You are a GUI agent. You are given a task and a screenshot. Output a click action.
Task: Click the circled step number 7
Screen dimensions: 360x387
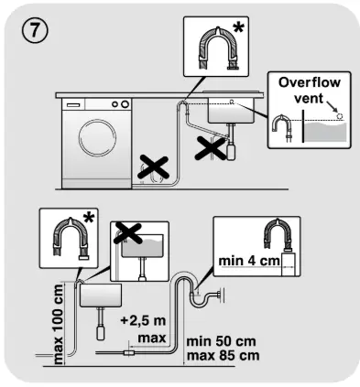(35, 30)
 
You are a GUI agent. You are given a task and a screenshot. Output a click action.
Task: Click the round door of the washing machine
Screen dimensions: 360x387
(97, 137)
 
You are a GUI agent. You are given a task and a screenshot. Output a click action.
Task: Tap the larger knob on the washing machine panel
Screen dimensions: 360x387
(125, 104)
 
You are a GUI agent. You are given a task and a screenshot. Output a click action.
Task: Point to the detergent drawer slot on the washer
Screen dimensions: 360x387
(73, 105)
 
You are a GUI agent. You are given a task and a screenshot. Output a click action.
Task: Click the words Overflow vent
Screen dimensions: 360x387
(309, 91)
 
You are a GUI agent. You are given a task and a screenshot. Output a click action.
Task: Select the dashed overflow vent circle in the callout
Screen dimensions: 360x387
(339, 116)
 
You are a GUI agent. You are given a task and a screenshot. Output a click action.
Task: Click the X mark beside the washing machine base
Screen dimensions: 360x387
(153, 167)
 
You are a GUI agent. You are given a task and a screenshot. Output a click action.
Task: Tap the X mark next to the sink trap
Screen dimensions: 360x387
(211, 148)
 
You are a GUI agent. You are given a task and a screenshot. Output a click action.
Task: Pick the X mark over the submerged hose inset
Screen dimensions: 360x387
(127, 233)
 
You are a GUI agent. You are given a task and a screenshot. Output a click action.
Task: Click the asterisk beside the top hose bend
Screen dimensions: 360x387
(238, 28)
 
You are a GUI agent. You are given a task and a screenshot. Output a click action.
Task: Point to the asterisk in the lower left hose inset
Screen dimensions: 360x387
(89, 219)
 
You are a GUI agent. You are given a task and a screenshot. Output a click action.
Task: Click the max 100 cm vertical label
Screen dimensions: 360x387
(58, 324)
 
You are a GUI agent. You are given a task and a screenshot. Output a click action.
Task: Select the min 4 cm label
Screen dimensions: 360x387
(249, 261)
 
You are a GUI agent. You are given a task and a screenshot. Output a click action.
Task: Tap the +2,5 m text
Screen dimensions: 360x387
(143, 321)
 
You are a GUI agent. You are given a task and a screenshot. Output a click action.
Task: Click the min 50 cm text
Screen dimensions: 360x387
(221, 341)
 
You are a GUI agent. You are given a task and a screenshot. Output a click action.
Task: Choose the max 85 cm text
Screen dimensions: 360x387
(224, 356)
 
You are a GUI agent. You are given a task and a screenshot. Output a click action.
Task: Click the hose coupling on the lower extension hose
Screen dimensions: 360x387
(128, 353)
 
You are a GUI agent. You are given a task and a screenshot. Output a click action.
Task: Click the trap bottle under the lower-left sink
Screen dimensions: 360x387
(101, 333)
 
